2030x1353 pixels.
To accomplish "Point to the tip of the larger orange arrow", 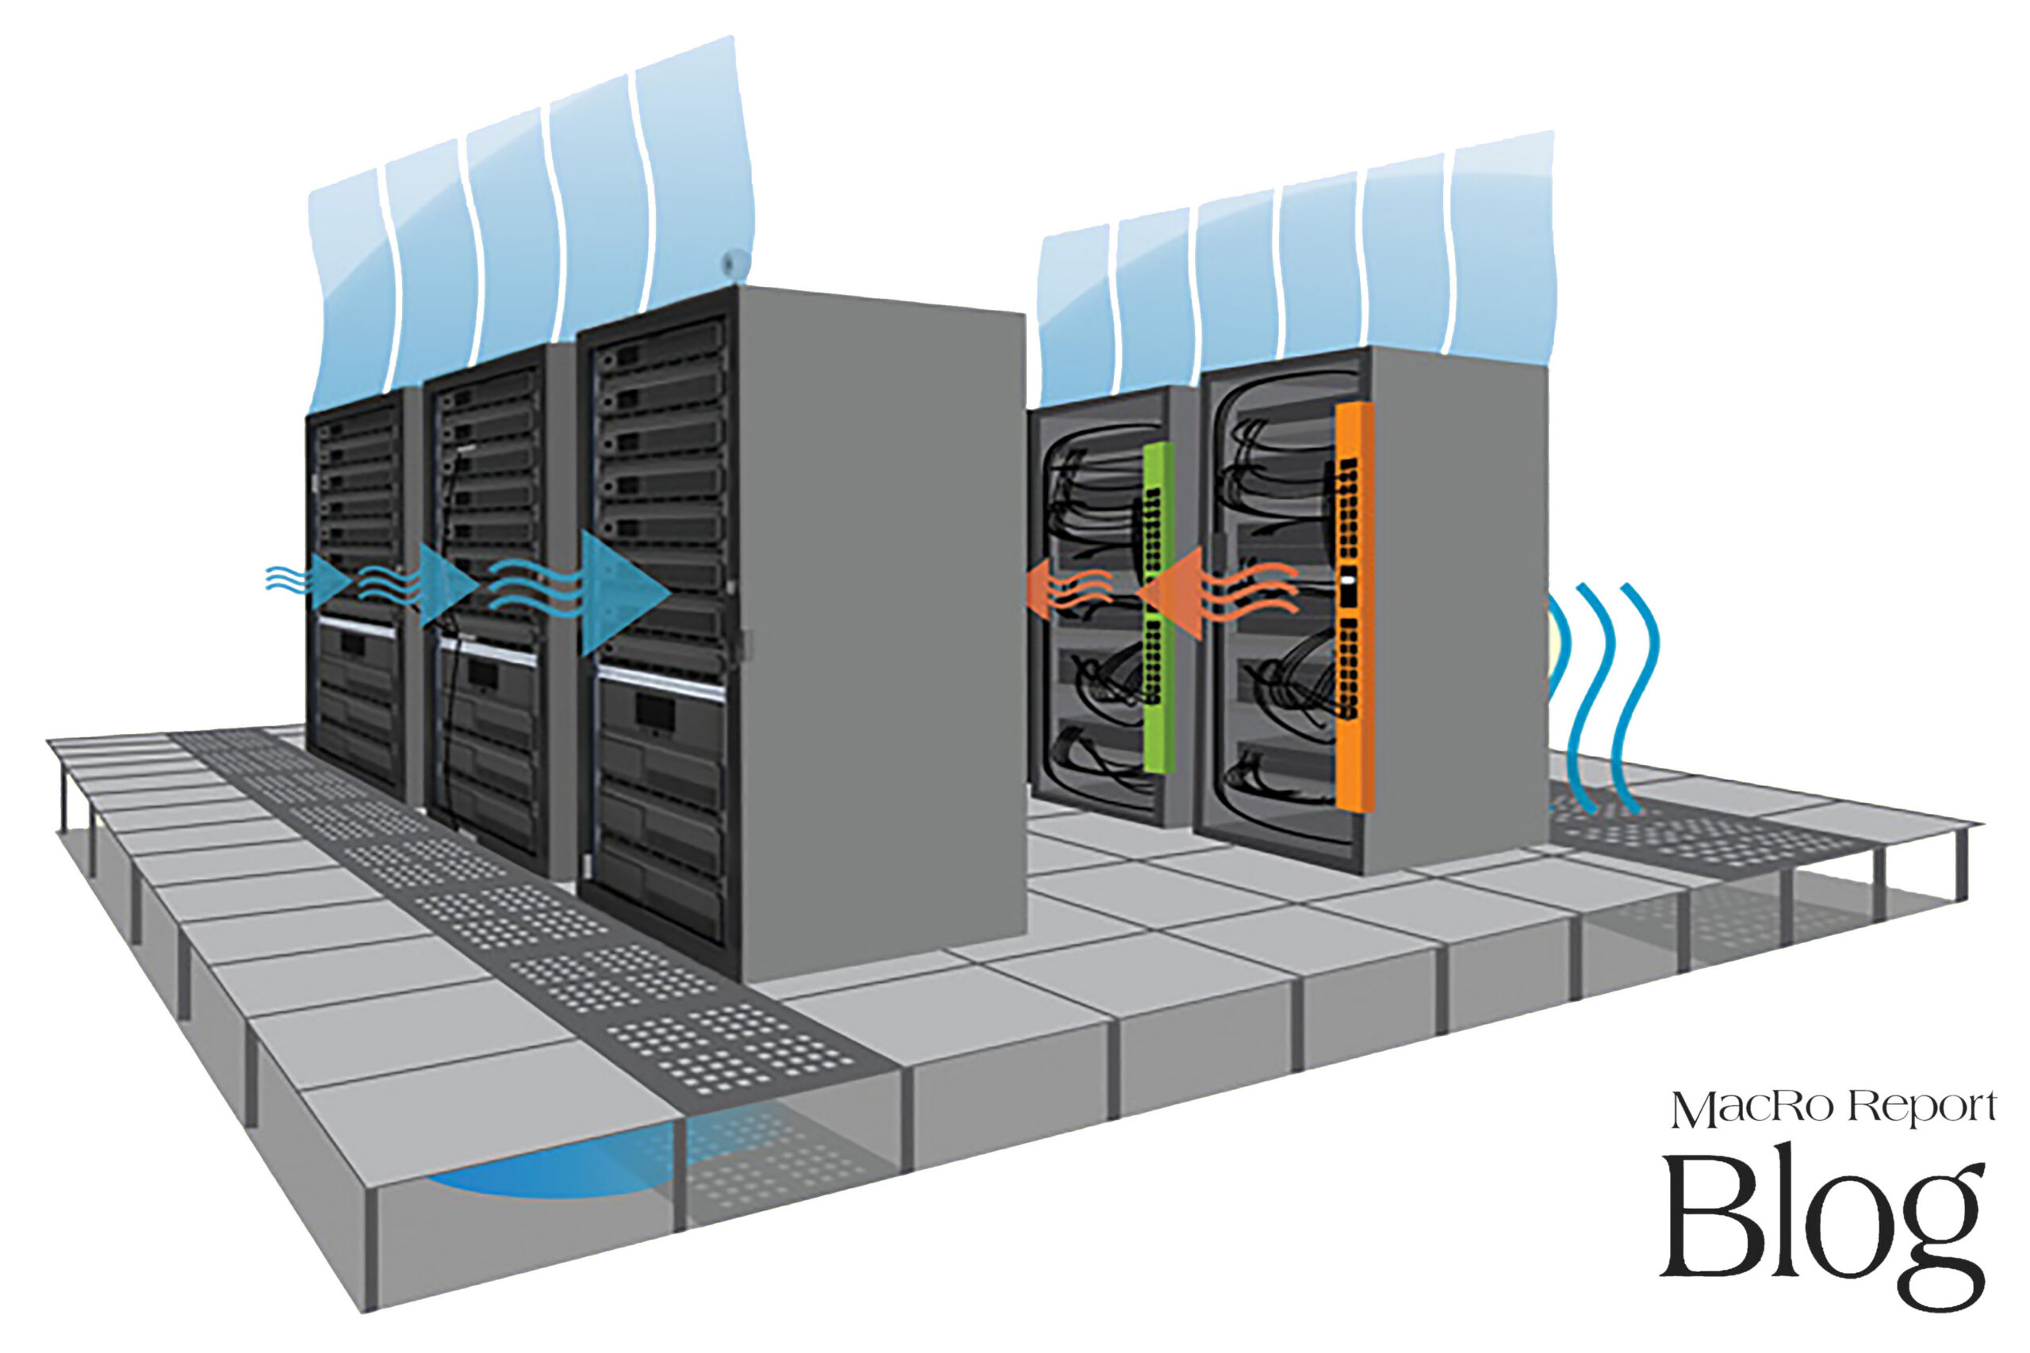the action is [x=1138, y=593].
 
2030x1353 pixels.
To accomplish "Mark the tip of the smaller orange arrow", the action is [x=1025, y=591].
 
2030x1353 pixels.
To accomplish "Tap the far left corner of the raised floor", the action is [x=48, y=740].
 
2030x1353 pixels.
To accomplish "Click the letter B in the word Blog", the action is [x=1714, y=1217].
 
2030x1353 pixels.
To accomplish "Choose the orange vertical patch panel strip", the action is [x=1354, y=606].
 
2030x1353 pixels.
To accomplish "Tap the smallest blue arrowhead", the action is [x=332, y=580].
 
